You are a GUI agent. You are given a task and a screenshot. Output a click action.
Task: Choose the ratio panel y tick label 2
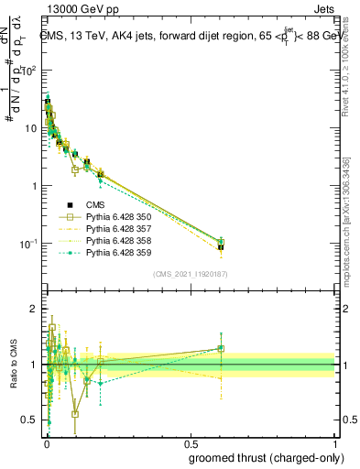click(35, 309)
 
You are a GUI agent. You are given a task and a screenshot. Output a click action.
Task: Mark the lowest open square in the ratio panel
click(75, 413)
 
